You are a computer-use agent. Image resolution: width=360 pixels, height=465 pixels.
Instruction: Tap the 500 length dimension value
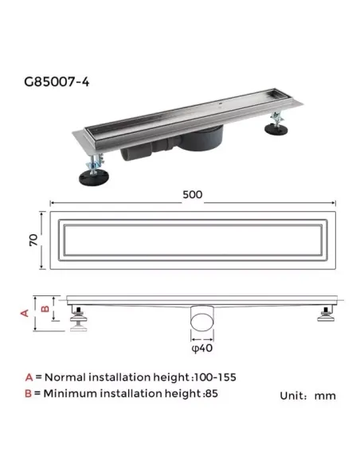pyautogui.click(x=192, y=193)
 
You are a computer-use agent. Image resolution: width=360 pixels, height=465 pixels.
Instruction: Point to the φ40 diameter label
pyautogui.click(x=202, y=346)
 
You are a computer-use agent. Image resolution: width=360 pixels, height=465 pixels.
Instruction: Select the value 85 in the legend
pyautogui.click(x=211, y=393)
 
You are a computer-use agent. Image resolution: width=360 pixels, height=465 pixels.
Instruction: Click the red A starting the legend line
pyautogui.click(x=29, y=377)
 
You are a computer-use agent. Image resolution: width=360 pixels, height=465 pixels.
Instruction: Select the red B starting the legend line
pyautogui.click(x=29, y=393)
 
